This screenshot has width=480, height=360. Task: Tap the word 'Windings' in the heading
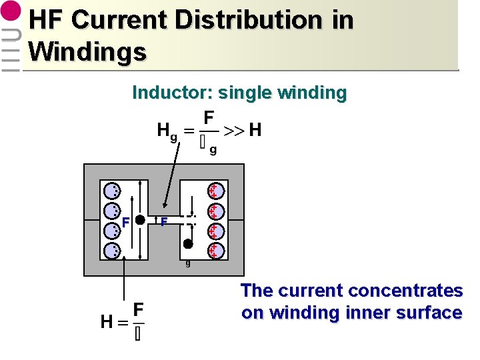coord(87,51)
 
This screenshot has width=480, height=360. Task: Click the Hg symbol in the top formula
coord(167,131)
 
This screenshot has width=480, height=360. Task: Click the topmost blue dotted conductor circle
coord(111,191)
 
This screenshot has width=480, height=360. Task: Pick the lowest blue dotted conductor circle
coord(111,251)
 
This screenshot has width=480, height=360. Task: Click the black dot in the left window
coord(140,220)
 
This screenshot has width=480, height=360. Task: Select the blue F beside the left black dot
coord(125,222)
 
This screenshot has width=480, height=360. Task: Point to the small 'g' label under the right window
coord(188,263)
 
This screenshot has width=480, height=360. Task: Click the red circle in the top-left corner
coord(11,14)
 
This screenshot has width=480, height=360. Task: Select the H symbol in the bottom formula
coord(106,322)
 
